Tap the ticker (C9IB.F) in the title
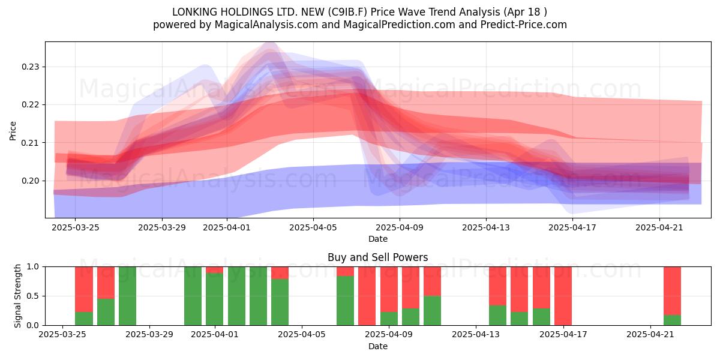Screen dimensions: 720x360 tap(348, 12)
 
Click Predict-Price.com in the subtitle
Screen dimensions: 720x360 tap(524, 25)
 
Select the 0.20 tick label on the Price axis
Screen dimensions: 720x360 tap(30, 181)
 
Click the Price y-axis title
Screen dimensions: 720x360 tap(13, 131)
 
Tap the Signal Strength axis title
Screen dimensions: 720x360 tap(17, 296)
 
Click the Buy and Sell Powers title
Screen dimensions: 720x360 tap(377, 257)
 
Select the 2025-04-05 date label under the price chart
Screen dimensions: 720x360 tap(313, 227)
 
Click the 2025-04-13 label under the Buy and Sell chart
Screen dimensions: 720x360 tap(476, 335)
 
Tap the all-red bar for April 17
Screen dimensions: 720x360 tap(563, 296)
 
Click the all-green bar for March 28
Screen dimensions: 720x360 tap(127, 296)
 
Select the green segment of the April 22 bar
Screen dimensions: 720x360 tap(672, 320)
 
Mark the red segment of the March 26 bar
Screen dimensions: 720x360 tap(84, 289)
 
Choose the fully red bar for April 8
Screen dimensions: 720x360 tap(367, 296)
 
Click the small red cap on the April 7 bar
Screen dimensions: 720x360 tap(345, 271)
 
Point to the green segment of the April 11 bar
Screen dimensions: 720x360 tap(433, 311)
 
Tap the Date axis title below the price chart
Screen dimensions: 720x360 tap(377, 239)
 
